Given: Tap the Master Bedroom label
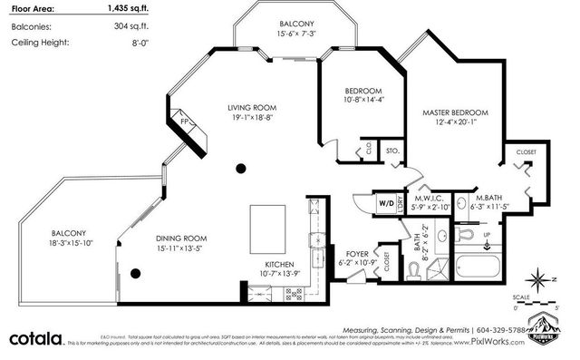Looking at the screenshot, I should click(x=455, y=112).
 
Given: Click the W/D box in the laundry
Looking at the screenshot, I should click(x=384, y=204).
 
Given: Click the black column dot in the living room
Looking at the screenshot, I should click(x=241, y=167).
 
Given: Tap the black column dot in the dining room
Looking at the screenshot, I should click(x=135, y=273).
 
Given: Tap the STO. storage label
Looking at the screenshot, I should click(x=392, y=151).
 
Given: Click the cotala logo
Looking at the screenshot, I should click(x=36, y=338).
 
